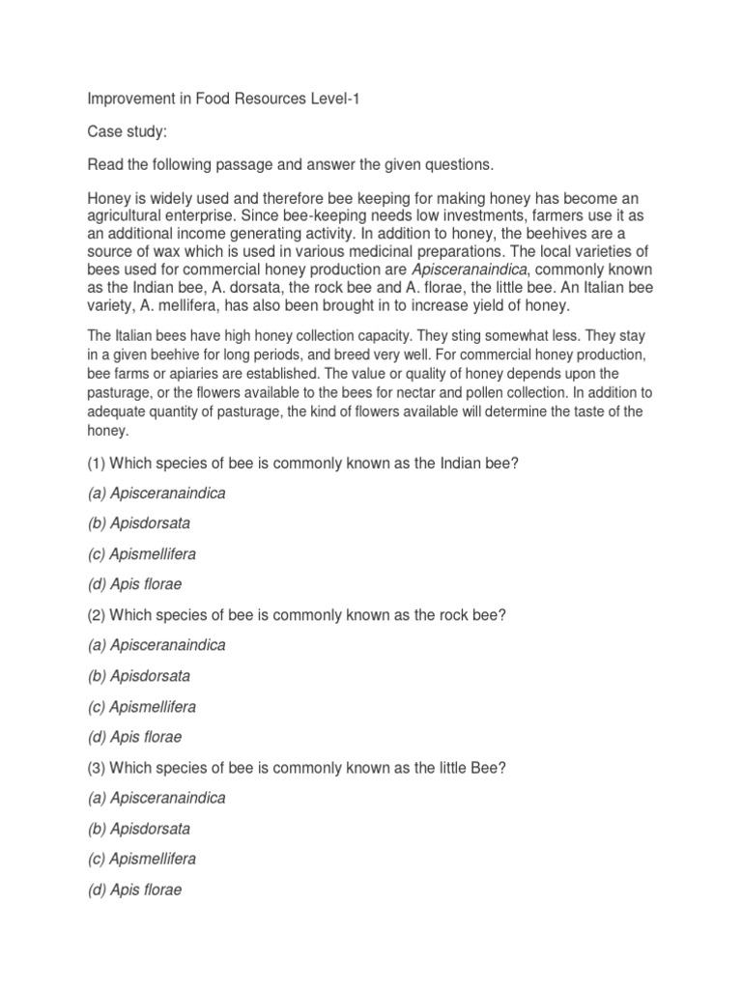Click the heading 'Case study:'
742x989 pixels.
(x=128, y=130)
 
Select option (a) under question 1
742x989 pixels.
(x=157, y=493)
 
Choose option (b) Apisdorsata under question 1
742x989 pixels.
(x=139, y=523)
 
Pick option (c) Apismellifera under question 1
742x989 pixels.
(x=142, y=553)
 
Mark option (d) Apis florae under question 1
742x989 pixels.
(x=134, y=584)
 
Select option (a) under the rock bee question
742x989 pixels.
(x=157, y=645)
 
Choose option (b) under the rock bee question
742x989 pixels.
(x=139, y=676)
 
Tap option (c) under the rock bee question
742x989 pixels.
(x=142, y=707)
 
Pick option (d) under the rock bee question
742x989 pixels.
(x=134, y=737)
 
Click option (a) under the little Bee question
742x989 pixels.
(x=157, y=799)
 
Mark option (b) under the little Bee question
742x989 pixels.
(x=139, y=829)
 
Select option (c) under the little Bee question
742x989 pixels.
(x=142, y=860)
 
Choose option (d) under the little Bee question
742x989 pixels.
(x=134, y=890)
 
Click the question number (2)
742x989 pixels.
(x=97, y=615)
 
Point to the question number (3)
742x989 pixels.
(x=97, y=768)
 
